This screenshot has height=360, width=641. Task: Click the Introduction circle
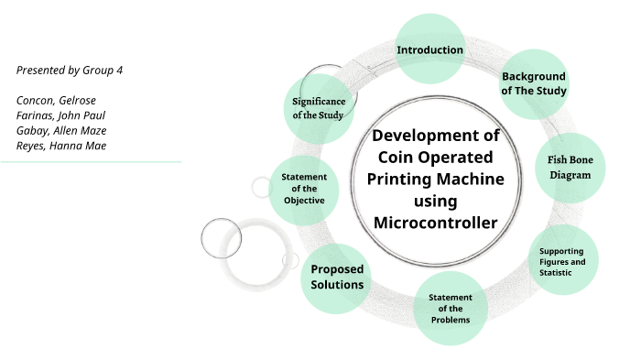coord(429,49)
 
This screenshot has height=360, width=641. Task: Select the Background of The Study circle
coord(534,83)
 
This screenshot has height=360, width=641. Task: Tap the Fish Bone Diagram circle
coord(570,166)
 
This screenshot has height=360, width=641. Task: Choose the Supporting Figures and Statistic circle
coord(564,260)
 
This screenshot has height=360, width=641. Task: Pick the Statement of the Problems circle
coord(450,308)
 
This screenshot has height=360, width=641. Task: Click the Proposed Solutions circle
coord(337,277)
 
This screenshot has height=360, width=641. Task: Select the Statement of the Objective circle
coord(304,188)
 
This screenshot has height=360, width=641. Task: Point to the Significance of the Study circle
coord(318,107)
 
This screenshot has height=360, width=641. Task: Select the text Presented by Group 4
coord(70,70)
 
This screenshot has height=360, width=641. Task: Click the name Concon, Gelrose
coord(56,100)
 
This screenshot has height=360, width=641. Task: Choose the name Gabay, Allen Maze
coord(61,130)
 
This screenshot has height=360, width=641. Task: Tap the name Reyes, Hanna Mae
coord(61,145)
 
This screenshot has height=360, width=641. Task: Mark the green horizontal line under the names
coord(91,161)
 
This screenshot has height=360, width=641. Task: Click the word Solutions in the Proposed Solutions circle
coord(337,285)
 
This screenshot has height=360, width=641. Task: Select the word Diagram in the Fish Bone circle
coord(570,174)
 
